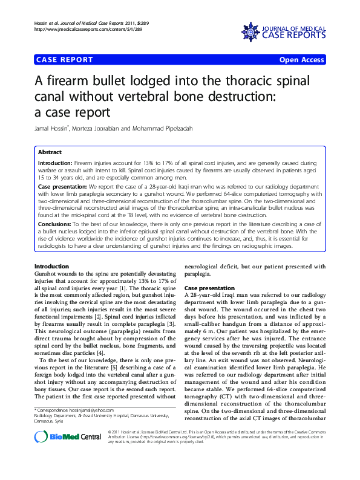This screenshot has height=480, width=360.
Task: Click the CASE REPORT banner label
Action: pos(65,60)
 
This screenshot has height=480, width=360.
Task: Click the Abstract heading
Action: pos(50,152)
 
